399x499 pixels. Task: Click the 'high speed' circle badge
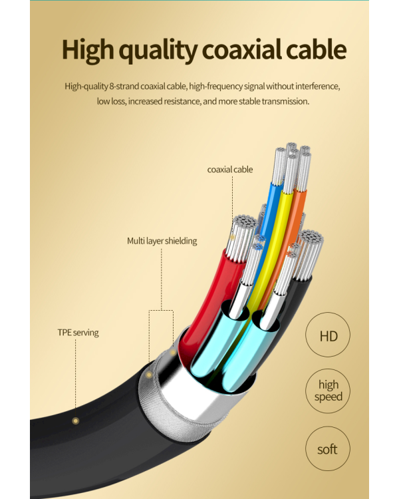(x=328, y=391)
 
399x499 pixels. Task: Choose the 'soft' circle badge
(x=328, y=448)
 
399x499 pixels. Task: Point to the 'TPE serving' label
(x=78, y=333)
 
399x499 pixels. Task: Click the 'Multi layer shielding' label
(x=162, y=241)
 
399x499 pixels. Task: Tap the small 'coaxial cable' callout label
(x=230, y=169)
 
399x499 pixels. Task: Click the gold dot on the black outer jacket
(x=75, y=421)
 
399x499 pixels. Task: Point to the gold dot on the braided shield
(x=148, y=375)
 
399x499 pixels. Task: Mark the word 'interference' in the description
(x=318, y=86)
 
